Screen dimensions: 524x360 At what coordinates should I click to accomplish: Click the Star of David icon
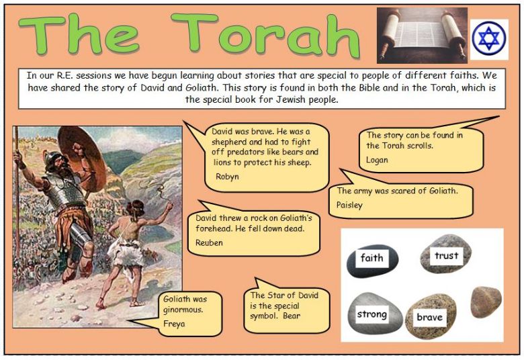[x=489, y=38]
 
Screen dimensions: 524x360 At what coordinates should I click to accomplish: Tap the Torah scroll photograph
[x=422, y=36]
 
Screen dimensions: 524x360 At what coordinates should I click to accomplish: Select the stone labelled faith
[x=373, y=261]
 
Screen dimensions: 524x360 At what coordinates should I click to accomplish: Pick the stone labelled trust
[x=446, y=254]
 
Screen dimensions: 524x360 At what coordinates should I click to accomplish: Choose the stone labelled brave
[x=431, y=316]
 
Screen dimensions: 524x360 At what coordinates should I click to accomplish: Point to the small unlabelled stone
[x=486, y=302]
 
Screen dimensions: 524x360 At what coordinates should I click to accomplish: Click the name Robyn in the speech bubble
[x=227, y=177]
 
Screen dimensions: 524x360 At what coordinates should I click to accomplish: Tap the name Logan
[x=377, y=160]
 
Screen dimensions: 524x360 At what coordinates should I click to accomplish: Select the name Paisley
[x=349, y=205]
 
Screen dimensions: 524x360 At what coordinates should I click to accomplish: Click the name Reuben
[x=209, y=242]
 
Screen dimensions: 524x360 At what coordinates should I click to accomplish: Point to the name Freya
[x=174, y=324]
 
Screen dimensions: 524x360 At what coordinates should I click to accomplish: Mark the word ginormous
[x=183, y=310]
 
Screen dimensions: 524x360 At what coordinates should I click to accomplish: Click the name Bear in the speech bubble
[x=292, y=316]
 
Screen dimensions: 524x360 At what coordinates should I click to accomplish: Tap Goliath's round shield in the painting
[x=81, y=159]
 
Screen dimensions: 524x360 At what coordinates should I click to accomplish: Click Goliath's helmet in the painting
[x=54, y=161]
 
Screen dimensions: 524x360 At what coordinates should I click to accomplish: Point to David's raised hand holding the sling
[x=170, y=206]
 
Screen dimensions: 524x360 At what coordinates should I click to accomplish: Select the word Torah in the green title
[x=265, y=36]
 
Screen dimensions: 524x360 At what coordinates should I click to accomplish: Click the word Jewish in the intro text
[x=291, y=99]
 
